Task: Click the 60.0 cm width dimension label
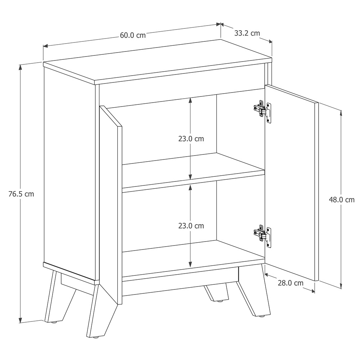[x=133, y=35]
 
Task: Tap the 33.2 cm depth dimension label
[x=247, y=33]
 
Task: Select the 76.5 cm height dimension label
[x=21, y=194]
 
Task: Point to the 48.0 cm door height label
[x=342, y=200]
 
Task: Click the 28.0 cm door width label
[x=291, y=283]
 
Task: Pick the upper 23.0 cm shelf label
[x=191, y=139]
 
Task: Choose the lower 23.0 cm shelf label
[x=191, y=226]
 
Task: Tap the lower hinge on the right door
[x=262, y=236]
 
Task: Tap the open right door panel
[x=292, y=183]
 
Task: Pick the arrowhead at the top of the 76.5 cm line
[x=21, y=67]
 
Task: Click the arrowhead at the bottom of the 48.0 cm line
[x=341, y=286]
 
